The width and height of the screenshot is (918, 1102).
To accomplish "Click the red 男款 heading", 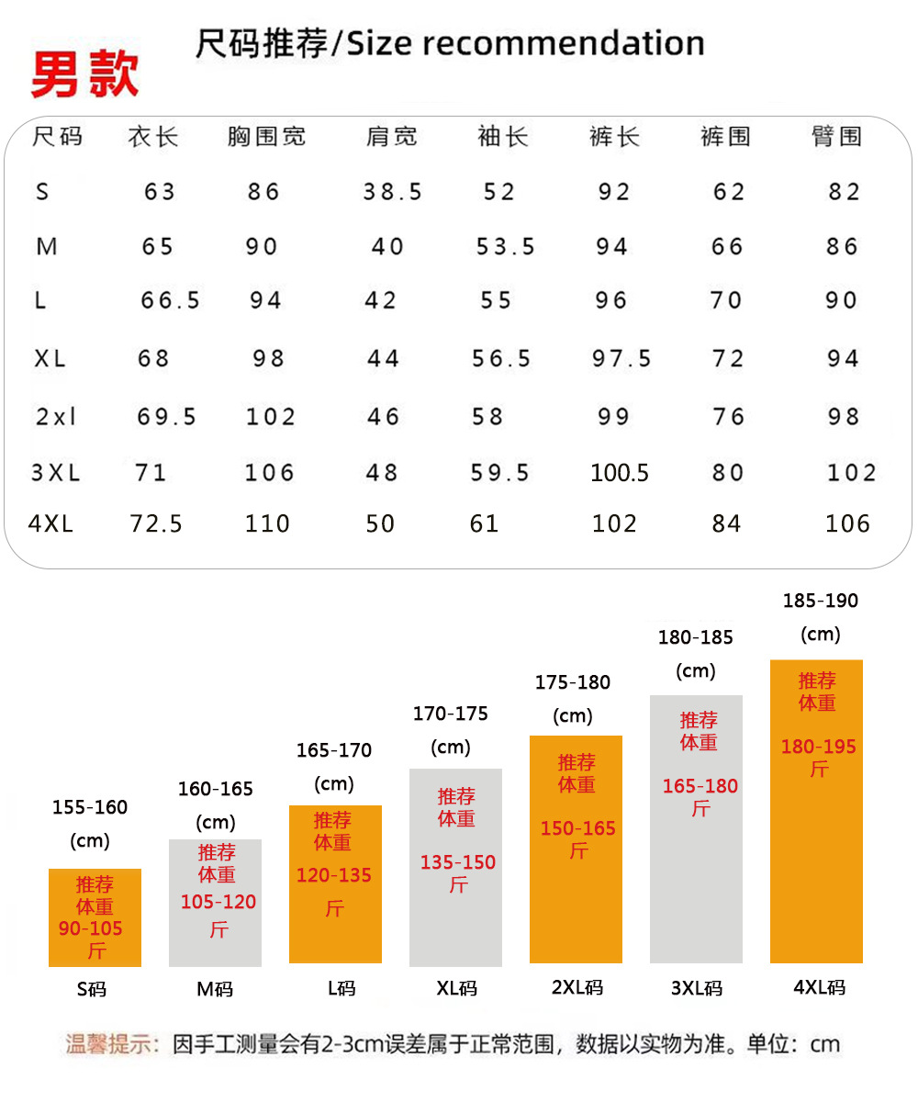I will pos(84,74).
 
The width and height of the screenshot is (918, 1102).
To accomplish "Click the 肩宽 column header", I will pos(391,137).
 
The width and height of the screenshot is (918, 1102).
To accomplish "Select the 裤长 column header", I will pos(614,137).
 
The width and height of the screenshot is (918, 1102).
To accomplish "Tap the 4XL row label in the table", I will pos(50,524).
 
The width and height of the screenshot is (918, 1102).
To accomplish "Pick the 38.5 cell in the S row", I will pos(392,192).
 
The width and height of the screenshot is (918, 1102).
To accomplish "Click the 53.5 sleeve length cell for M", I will pos(505,247).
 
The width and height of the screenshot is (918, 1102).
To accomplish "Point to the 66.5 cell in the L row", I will pos(170,300).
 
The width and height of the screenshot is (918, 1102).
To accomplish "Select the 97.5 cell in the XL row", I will pos(621,358).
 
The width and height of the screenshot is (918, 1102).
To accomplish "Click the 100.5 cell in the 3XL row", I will pos(620,473).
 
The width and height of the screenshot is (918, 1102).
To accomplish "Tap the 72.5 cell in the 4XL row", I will pos(156,524).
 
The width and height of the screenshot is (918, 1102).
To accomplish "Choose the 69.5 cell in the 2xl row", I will pos(167,417).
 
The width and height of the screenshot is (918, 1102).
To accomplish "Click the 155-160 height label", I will pos(90,807).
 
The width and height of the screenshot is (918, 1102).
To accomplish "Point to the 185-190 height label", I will pos(820,601).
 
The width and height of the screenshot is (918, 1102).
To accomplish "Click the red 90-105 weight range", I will pos(91,928).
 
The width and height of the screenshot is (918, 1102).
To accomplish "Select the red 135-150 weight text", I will pos(458,862).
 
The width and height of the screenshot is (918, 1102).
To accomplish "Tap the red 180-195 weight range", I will pos(818,747).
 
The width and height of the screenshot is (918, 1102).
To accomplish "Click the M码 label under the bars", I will pos(215,989).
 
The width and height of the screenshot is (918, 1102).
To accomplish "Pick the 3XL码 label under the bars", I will pos(697,988).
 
